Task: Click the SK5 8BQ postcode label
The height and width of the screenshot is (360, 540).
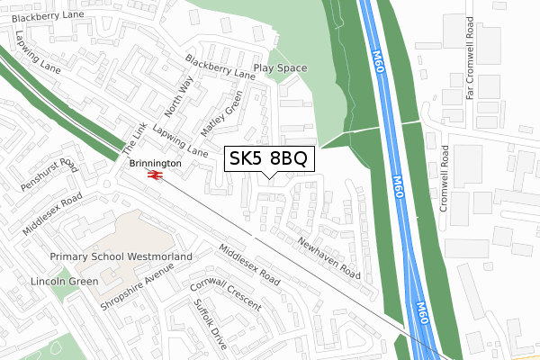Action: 268,158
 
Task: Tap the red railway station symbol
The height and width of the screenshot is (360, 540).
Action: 155,175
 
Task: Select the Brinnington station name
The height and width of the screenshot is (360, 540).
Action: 155,164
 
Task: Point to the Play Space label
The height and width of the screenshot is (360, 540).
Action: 280,68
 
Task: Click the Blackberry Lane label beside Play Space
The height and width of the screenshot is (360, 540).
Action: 220,67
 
